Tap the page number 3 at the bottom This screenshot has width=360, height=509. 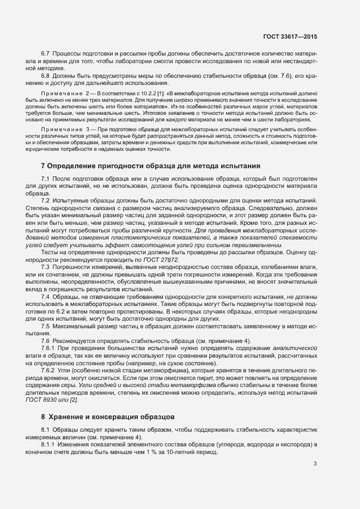315,464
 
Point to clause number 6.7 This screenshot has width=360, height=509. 46,54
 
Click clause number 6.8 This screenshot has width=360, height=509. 46,76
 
